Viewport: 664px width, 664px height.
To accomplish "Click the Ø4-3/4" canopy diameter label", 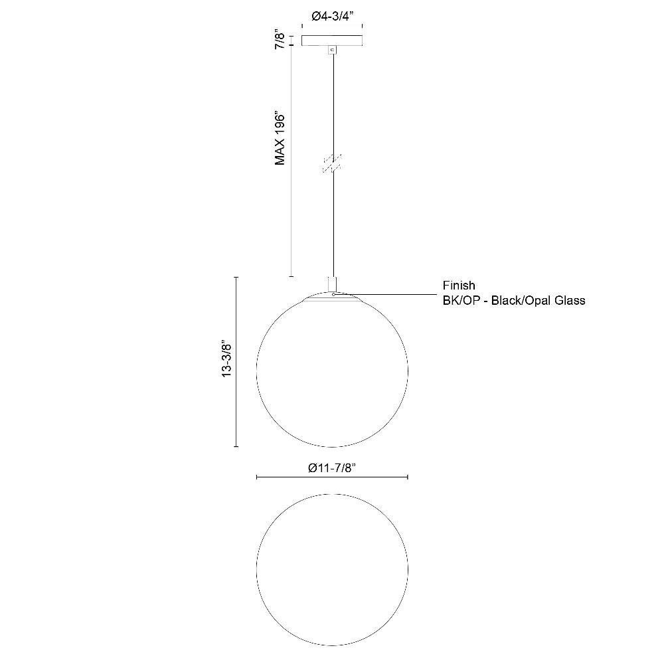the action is point(333,17).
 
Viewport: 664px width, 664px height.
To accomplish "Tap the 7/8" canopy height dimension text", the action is point(280,39).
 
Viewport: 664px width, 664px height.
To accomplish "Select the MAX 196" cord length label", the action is point(280,139).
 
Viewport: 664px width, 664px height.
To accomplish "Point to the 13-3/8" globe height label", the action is point(227,360).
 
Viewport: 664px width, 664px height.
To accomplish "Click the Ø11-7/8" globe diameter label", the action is point(332,468).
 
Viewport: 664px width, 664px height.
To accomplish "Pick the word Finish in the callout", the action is point(459,286).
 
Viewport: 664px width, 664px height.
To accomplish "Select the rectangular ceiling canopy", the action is point(333,41).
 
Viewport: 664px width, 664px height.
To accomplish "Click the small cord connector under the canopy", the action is point(333,50).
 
